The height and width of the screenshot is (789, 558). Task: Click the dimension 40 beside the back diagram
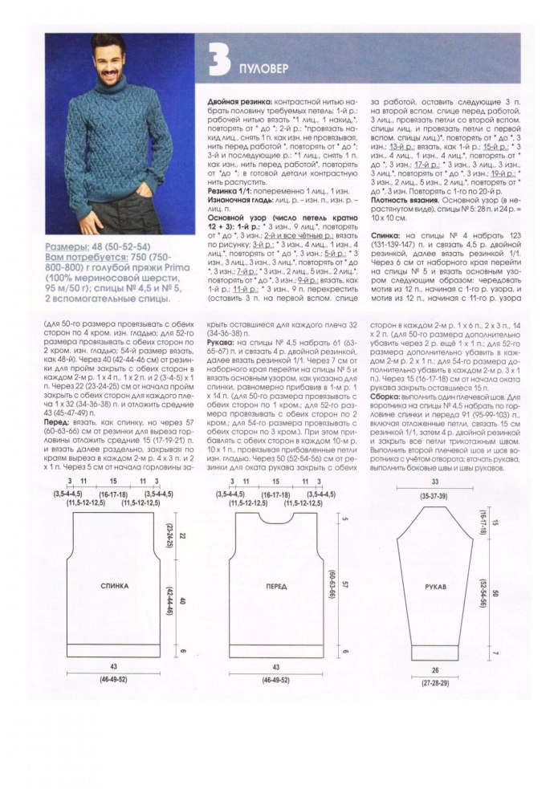(x=181, y=600)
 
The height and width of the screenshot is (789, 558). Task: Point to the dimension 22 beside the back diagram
(x=181, y=535)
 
